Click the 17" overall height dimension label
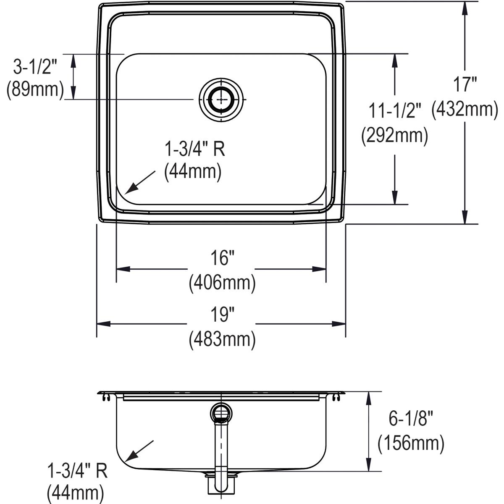coord(465,84)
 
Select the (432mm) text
coord(465,109)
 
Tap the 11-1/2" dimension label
coord(394,111)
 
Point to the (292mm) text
coord(394,136)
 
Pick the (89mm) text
coord(35,90)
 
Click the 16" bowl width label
coord(222,258)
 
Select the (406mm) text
coord(222,283)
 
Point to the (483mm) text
coord(222,339)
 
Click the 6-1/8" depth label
coord(410,419)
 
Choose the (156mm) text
coord(410,444)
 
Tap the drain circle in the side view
coord(221,412)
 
